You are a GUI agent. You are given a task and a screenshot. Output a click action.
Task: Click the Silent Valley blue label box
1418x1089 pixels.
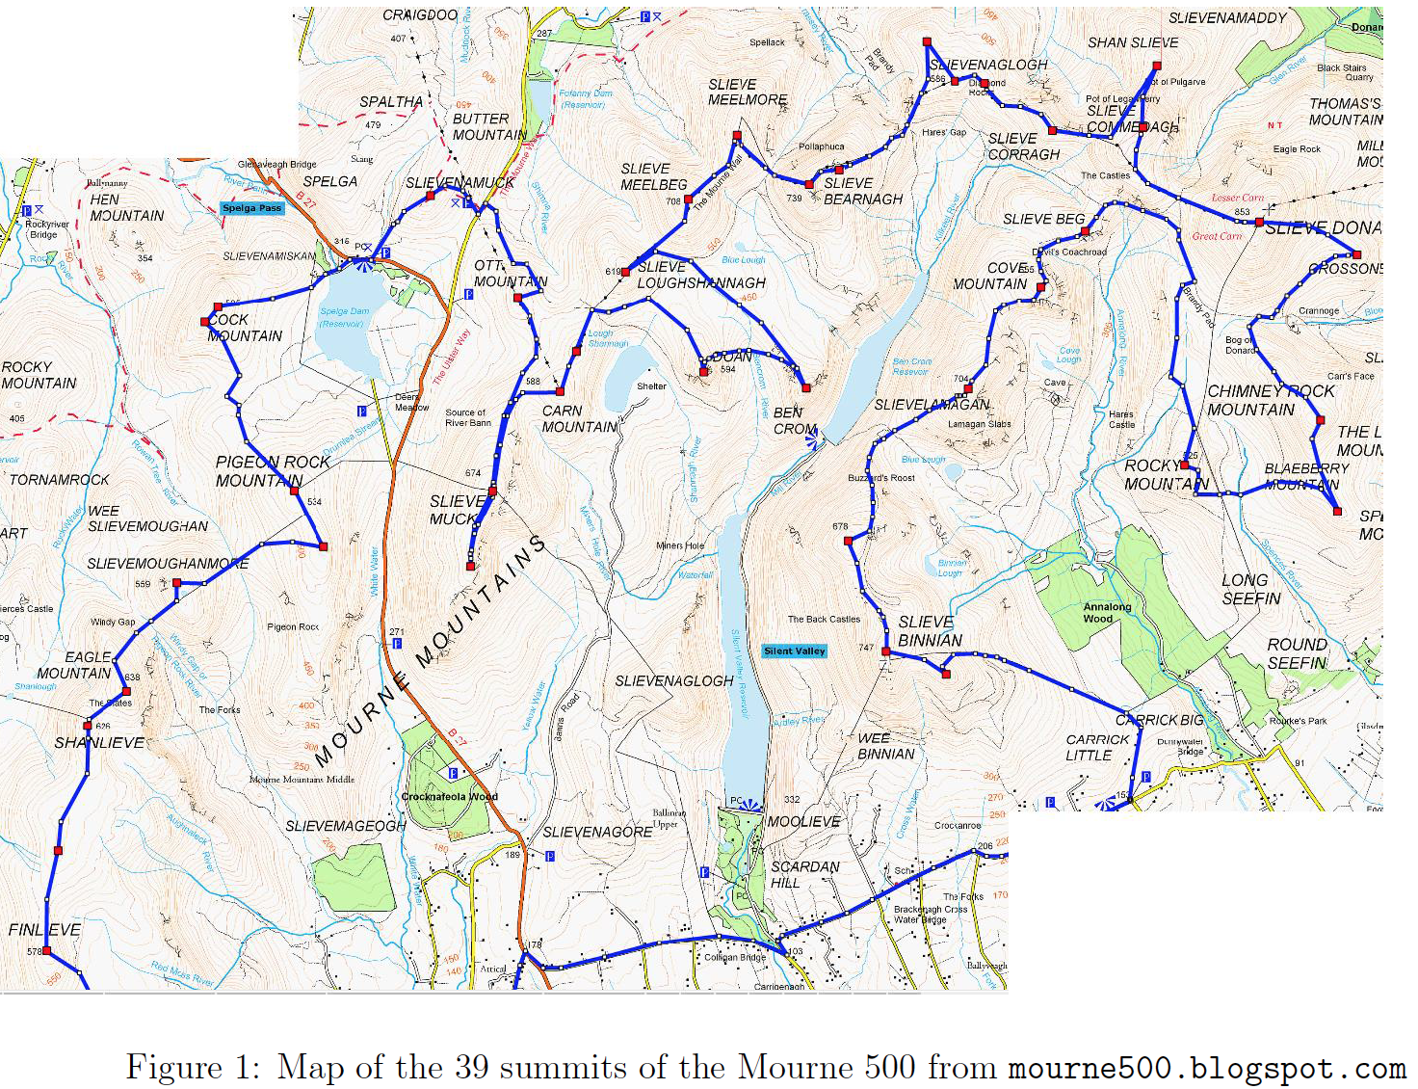tap(794, 651)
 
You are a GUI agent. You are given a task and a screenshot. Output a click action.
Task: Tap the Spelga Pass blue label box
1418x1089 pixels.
tap(251, 208)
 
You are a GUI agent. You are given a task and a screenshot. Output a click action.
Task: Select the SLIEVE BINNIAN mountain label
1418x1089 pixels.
tap(930, 631)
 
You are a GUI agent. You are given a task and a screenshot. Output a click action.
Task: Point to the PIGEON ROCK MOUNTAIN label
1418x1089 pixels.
tap(273, 471)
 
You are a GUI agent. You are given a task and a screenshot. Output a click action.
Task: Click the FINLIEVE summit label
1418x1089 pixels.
tap(44, 930)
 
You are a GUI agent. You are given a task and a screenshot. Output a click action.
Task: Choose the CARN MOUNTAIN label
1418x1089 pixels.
tap(579, 418)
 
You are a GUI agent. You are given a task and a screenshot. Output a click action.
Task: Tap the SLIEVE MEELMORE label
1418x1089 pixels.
tap(748, 93)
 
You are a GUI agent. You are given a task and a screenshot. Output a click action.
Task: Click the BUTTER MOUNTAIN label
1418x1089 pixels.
tap(489, 126)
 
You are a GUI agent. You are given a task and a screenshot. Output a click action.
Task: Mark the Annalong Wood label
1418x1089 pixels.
tap(1107, 613)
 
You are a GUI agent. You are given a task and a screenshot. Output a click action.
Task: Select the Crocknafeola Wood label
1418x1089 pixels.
tap(449, 796)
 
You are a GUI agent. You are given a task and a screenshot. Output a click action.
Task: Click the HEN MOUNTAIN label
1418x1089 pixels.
tap(126, 207)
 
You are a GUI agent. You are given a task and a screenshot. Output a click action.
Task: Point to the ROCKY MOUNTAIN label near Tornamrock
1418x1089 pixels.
tap(39, 375)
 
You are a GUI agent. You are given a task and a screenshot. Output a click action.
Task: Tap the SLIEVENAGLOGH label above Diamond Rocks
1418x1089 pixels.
tap(988, 65)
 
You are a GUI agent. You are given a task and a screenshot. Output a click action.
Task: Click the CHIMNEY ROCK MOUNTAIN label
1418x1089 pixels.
tap(1270, 400)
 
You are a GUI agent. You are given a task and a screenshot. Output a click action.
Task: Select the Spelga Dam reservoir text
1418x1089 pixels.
tap(344, 317)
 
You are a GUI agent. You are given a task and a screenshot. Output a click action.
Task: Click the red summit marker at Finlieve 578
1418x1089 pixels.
tap(46, 951)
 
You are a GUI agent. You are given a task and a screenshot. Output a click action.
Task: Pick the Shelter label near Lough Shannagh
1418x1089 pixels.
tap(651, 386)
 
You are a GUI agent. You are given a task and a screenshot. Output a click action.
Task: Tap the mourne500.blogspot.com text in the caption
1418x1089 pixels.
tap(1206, 1068)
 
